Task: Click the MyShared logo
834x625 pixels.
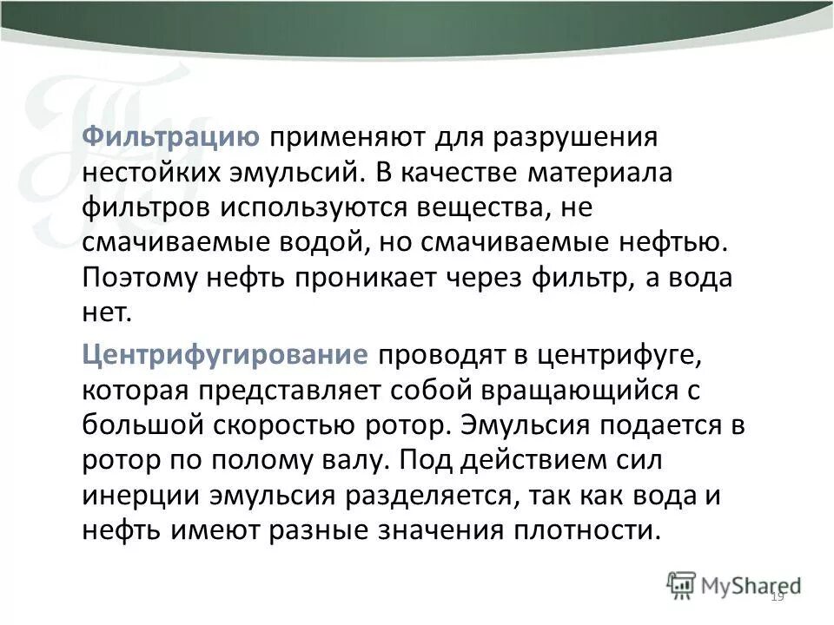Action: [x=734, y=585]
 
